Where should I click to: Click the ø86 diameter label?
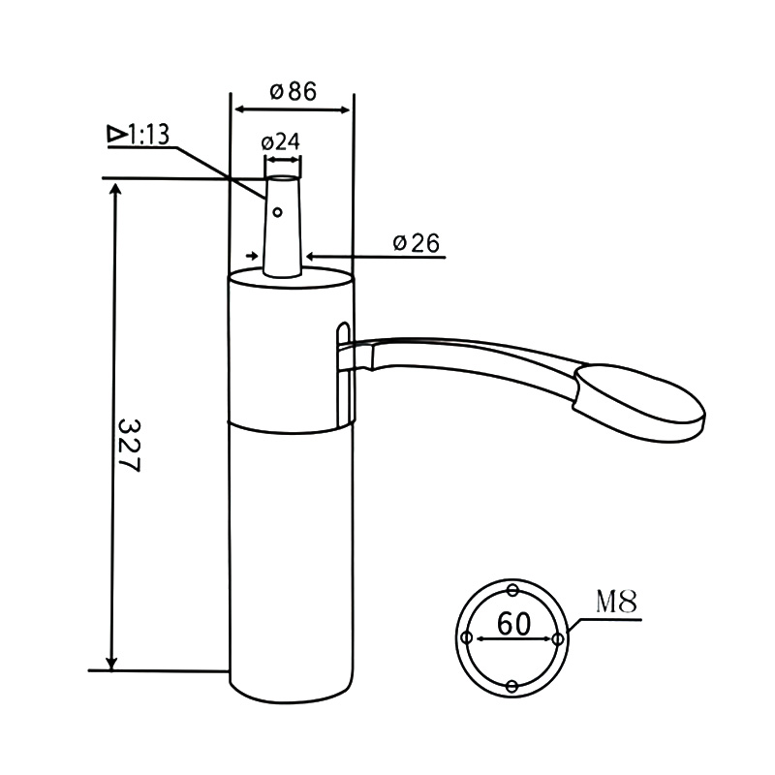[293, 91]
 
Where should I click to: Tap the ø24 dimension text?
[280, 141]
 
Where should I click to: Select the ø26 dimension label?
[417, 243]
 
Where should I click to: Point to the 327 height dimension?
[131, 446]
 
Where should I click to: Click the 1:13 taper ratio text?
[149, 135]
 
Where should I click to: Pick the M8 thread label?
[616, 602]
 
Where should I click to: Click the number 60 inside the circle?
[513, 624]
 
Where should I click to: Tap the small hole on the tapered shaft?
[277, 212]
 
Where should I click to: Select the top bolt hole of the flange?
[512, 590]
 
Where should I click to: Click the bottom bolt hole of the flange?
[512, 686]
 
